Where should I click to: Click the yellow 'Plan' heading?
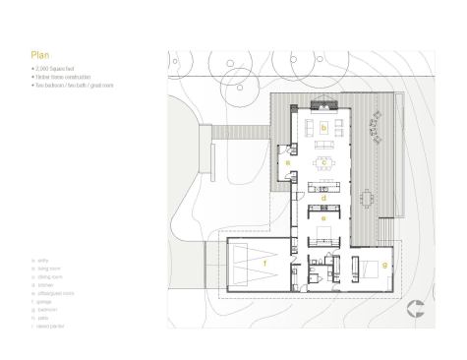pyautogui.click(x=40, y=57)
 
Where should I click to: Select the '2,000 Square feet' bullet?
pyautogui.click(x=54, y=70)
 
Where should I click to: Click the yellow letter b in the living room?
pyautogui.click(x=323, y=126)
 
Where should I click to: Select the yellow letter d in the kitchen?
pyautogui.click(x=323, y=197)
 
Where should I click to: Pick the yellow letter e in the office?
pyautogui.click(x=323, y=218)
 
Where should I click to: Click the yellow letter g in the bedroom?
pyautogui.click(x=384, y=265)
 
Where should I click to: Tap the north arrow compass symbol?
pyautogui.click(x=417, y=309)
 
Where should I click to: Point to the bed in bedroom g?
pyautogui.click(x=368, y=266)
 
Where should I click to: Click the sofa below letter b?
pyautogui.click(x=323, y=145)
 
